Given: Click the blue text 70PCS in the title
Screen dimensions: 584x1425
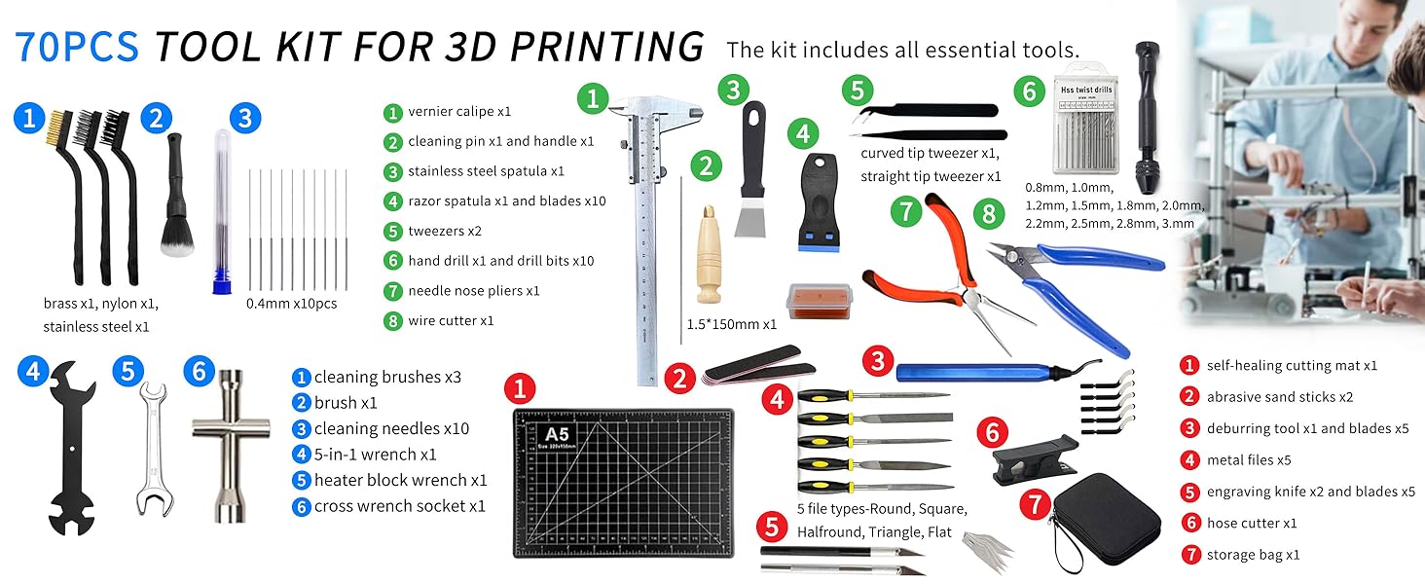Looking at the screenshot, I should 78,47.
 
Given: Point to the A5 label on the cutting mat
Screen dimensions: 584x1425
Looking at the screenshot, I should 557,433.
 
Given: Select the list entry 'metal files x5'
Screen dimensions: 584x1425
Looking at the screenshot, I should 1249,460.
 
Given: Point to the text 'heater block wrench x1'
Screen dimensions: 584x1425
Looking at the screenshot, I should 400,481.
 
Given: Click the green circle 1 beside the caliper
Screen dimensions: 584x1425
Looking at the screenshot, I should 592,97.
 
